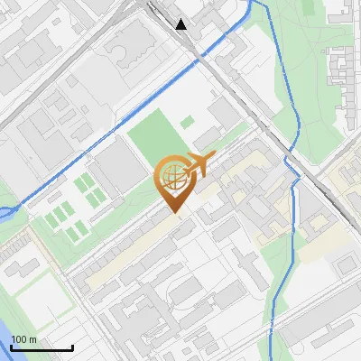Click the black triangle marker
click(181, 24)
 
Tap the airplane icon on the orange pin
click(196, 165)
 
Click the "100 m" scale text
click(24, 339)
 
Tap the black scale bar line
click(42, 347)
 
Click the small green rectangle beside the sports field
click(187, 122)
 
